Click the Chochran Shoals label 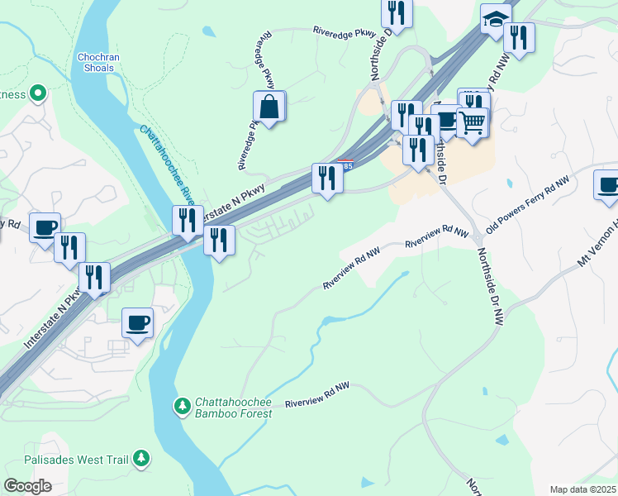(x=100, y=63)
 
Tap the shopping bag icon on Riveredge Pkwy (x=269, y=107)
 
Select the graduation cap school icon (x=496, y=20)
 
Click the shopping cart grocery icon (x=472, y=123)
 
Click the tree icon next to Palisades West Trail (x=141, y=457)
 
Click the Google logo (x=27, y=486)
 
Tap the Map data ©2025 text (x=582, y=489)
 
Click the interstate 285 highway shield (x=346, y=165)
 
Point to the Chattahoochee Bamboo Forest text (x=233, y=408)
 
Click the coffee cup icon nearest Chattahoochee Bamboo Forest (x=137, y=322)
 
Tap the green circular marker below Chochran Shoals (x=37, y=93)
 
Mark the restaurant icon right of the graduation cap (x=518, y=37)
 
